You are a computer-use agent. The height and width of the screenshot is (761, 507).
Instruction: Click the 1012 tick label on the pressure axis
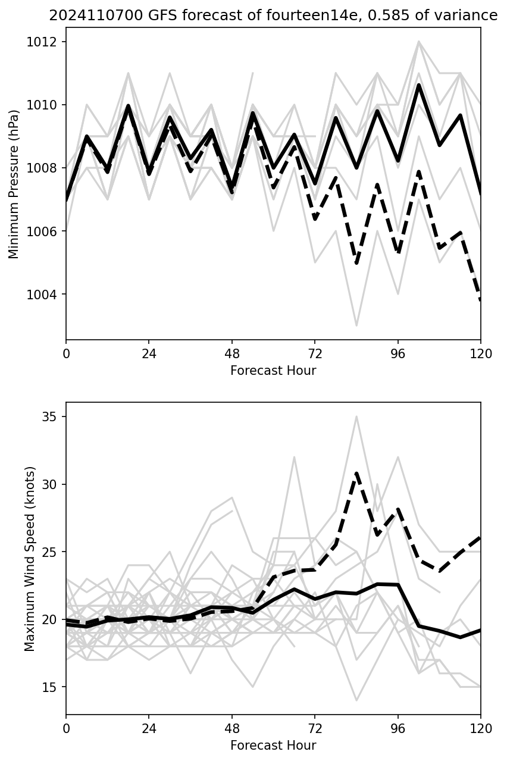click(x=46, y=42)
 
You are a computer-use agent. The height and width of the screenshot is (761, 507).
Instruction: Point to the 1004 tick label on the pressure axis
click(x=46, y=295)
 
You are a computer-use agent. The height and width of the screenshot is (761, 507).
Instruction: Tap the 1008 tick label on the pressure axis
click(x=46, y=168)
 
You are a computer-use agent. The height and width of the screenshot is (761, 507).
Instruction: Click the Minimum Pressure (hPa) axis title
click(x=14, y=183)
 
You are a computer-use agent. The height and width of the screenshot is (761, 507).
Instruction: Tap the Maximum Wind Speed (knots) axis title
click(x=30, y=558)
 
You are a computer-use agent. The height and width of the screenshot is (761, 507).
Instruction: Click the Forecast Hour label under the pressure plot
click(x=273, y=371)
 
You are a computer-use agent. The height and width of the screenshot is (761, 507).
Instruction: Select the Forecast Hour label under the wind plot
click(x=273, y=746)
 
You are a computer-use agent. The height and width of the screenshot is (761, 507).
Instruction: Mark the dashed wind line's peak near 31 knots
click(x=356, y=473)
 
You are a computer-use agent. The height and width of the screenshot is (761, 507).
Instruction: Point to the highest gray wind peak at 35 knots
click(x=356, y=416)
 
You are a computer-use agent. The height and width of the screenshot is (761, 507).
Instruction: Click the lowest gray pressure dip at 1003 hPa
click(x=356, y=325)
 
